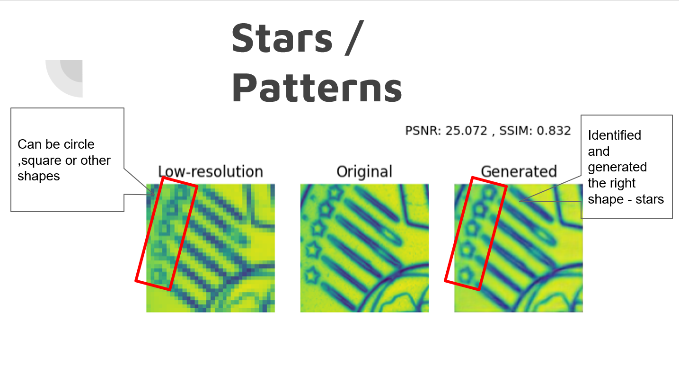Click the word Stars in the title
click(282, 38)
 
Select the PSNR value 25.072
click(466, 131)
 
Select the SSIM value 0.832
click(554, 131)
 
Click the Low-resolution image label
click(210, 171)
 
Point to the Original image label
click(364, 171)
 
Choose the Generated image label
click(519, 171)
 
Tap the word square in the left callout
click(40, 161)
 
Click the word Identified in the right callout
click(614, 135)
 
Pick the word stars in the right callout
click(650, 199)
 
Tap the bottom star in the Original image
click(311, 273)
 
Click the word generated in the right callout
click(617, 167)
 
